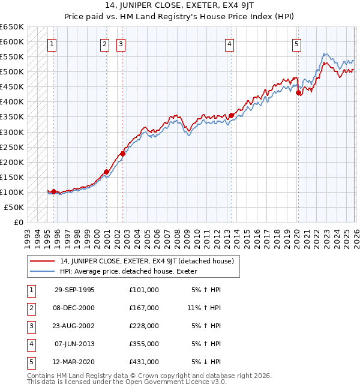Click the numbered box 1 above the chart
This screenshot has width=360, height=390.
[52, 43]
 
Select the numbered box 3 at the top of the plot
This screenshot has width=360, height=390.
[121, 43]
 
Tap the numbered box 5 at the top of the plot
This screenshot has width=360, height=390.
[297, 43]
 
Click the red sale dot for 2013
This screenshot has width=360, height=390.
[231, 115]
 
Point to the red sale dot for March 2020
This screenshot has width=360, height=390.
[298, 92]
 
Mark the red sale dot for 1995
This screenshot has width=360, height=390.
[54, 191]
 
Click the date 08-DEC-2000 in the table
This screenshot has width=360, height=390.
[74, 308]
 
